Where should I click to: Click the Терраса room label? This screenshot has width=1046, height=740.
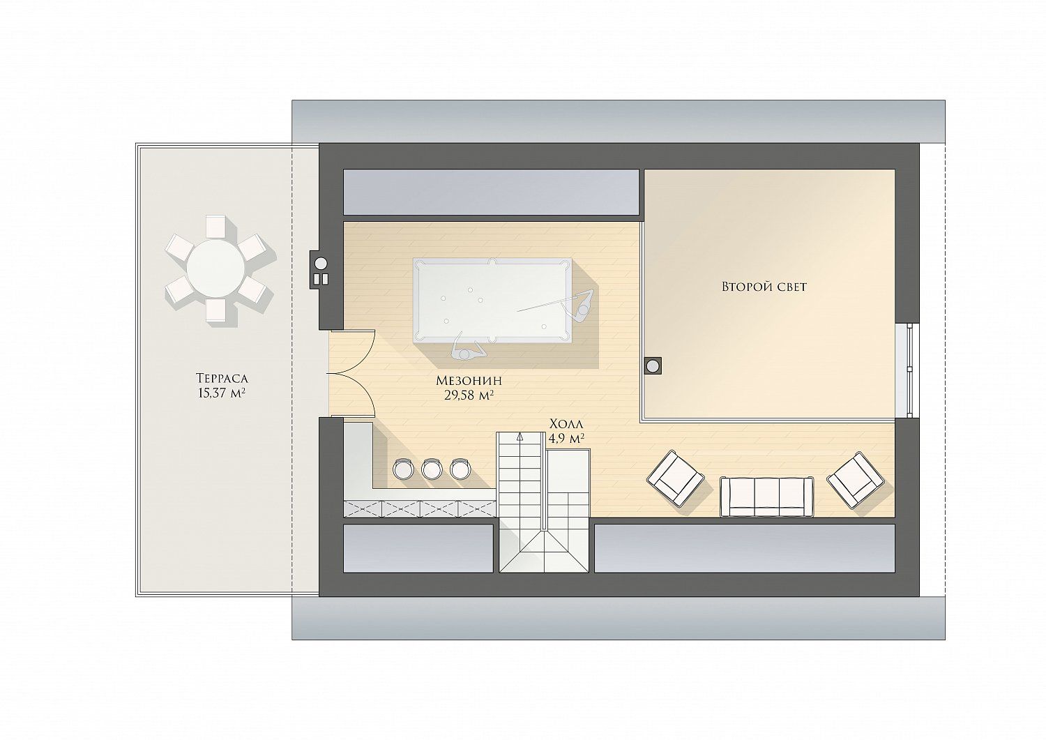point(221,377)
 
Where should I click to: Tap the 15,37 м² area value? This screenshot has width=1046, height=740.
point(222,393)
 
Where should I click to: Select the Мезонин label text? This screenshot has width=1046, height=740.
point(469,381)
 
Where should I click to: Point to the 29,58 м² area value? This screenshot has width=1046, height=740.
point(469,395)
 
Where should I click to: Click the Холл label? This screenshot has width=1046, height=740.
point(566,424)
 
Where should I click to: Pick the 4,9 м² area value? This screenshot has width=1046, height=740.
point(566,438)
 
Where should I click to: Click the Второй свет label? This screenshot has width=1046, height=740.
point(764,287)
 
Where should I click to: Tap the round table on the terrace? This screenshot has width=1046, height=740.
point(215,269)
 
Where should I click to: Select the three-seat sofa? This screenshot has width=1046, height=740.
point(767,497)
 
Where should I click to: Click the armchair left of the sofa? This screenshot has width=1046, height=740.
point(675,479)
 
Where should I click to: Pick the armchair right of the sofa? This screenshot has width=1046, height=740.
point(856,481)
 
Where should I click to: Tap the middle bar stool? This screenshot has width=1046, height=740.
point(432,469)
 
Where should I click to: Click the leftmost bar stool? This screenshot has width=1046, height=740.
point(404,469)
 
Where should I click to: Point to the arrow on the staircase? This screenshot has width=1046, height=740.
point(520,437)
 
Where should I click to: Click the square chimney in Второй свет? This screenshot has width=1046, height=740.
point(653,365)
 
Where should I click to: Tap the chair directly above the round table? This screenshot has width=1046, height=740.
point(215,227)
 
